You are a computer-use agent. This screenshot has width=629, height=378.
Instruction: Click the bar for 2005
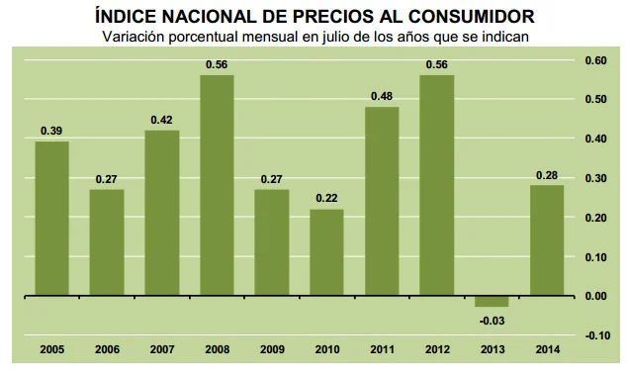52,218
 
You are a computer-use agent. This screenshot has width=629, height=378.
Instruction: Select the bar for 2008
217,185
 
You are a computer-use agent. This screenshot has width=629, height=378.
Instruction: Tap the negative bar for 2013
491,301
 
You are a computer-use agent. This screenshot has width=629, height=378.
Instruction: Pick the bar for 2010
326,252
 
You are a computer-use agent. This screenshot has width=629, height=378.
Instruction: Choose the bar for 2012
436,185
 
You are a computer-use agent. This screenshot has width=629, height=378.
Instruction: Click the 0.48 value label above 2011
381,96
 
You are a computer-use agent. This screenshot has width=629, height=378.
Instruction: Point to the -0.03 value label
491,318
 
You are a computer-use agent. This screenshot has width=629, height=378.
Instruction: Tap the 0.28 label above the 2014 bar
545,175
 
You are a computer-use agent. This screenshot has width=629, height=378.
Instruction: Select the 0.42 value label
162,120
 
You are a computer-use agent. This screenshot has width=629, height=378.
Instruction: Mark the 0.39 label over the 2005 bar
52,132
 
